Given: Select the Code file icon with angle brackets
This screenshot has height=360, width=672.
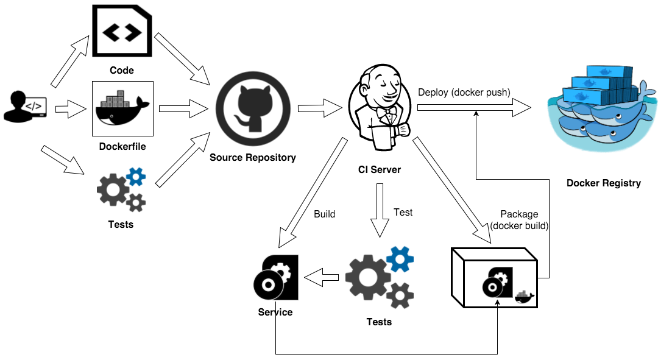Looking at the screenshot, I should pyautogui.click(x=122, y=30).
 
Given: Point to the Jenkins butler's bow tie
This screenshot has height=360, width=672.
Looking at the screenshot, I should pyautogui.click(x=383, y=112).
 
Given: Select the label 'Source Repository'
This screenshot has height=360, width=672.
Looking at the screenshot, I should pyautogui.click(x=252, y=157).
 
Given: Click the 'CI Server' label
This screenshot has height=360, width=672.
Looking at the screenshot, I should pyautogui.click(x=379, y=169).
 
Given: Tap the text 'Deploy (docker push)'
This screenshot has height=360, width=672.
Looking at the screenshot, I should pyautogui.click(x=464, y=92).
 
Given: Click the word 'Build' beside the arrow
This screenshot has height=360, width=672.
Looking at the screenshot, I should pyautogui.click(x=324, y=214).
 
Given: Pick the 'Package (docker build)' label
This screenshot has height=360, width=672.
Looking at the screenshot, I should pyautogui.click(x=518, y=220).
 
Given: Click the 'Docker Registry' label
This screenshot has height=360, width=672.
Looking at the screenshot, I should pyautogui.click(x=603, y=183).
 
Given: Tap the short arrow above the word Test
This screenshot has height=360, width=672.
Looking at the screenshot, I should pyautogui.click(x=380, y=210).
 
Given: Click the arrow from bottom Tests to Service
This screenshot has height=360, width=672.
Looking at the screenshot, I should pyautogui.click(x=321, y=278).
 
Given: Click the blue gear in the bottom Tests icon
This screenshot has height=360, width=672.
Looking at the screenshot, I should pyautogui.click(x=400, y=259).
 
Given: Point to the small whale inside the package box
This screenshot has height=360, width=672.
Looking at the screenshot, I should pyautogui.click(x=524, y=297).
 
